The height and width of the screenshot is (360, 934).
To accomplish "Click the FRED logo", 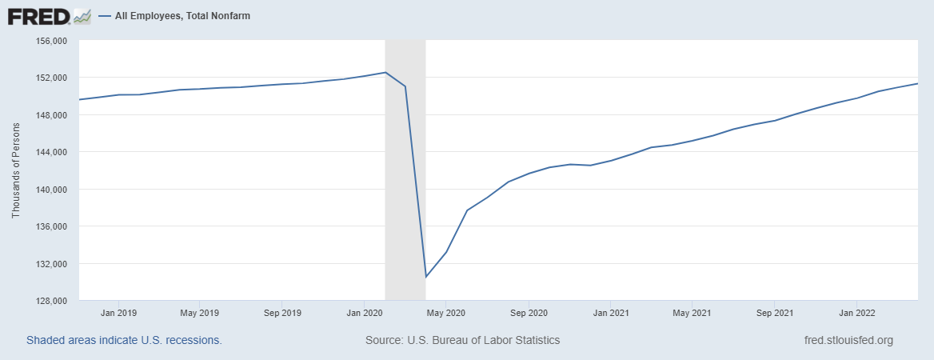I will (49, 16).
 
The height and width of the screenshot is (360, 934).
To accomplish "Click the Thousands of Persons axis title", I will (15, 170).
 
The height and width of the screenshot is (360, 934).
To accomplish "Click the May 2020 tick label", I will (445, 313).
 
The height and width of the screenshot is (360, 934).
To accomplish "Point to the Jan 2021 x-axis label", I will (610, 313).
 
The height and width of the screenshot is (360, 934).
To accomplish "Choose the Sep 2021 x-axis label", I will (773, 313).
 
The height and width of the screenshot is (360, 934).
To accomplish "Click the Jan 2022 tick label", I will (856, 313).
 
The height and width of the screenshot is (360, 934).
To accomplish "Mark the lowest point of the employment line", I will (425, 277).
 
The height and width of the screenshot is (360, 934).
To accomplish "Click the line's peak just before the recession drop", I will (385, 72).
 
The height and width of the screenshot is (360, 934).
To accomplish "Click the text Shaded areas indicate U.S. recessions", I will (124, 340).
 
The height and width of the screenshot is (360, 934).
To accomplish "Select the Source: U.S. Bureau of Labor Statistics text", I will (462, 340).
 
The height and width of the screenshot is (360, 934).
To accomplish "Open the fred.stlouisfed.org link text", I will (848, 340).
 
